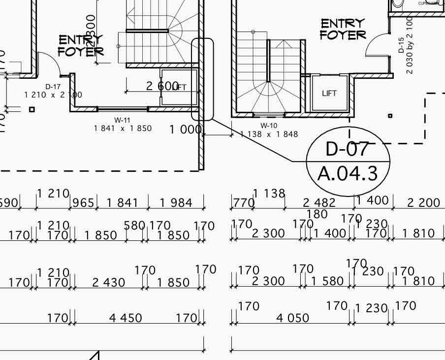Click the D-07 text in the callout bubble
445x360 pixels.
point(348,149)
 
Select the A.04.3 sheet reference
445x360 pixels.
point(348,173)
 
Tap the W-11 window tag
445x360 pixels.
point(123,120)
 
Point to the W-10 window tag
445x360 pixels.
point(269,126)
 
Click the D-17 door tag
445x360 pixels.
point(53,87)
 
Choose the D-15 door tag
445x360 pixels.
point(401,45)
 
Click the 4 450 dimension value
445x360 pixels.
point(126,318)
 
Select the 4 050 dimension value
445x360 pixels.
point(293,318)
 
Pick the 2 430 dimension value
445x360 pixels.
point(109,283)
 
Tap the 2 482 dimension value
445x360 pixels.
point(319,202)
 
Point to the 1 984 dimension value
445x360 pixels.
point(176,202)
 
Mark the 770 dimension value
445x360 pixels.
point(243,202)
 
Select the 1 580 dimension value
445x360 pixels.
point(327,281)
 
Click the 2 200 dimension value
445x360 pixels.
point(424,202)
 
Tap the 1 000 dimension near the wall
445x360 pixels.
point(186,130)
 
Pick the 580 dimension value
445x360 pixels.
point(134,226)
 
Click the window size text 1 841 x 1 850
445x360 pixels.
point(123,129)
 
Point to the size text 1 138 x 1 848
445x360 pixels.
point(269,134)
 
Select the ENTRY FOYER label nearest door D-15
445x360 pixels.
point(343,29)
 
